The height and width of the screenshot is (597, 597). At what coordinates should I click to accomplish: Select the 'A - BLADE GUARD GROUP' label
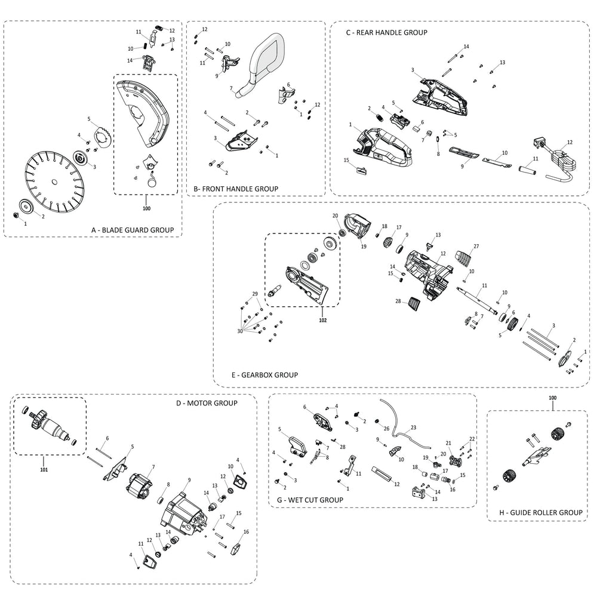point(132,229)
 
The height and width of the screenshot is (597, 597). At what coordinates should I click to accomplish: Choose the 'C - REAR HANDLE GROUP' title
point(386,32)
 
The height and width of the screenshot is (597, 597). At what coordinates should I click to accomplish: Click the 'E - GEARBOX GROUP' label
point(264,375)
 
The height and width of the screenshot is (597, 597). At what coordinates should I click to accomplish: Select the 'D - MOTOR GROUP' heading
point(207,403)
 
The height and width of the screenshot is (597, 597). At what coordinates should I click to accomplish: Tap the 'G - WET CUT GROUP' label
point(310,499)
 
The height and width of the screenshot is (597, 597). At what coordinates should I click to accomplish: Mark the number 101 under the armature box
point(44,469)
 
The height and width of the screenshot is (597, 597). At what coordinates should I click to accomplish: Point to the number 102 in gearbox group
point(322,319)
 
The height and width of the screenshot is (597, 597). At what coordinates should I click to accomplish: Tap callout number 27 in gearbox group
point(476,246)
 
